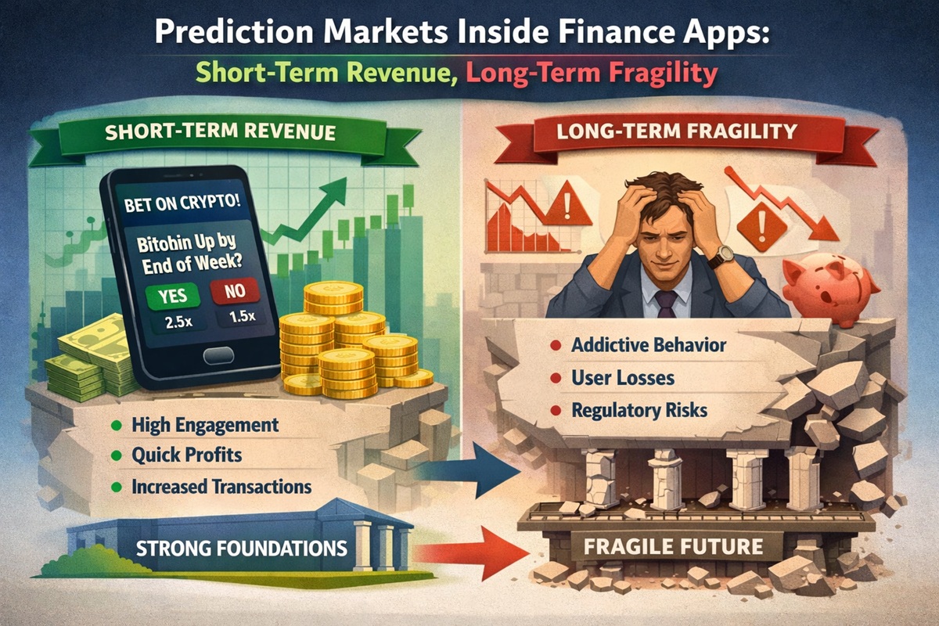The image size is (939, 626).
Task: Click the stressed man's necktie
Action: coord(666,302)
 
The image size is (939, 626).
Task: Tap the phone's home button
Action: coord(225,357)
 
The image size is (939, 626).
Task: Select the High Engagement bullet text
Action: coord(205,426)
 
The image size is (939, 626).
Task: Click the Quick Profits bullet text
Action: coord(187,455)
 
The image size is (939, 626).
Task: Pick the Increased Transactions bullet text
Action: coord(221,486)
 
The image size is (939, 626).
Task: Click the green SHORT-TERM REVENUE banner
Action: coord(227,132)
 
